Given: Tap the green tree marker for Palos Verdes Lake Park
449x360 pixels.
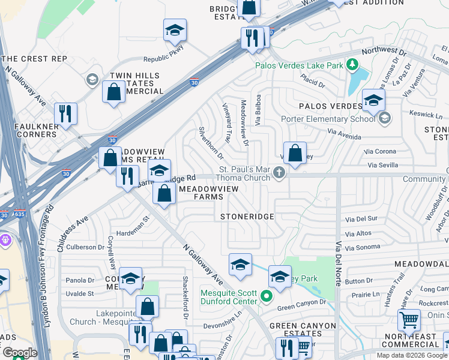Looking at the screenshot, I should [x=354, y=64].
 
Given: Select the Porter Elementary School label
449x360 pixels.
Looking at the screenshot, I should [x=328, y=118].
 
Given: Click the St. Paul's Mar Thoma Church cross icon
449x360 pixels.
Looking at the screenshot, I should [x=278, y=173].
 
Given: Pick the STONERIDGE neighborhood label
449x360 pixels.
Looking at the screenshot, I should [x=247, y=216].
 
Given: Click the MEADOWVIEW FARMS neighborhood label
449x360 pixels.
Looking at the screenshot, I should [x=208, y=193].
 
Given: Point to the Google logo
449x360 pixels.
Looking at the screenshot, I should [x=19, y=353].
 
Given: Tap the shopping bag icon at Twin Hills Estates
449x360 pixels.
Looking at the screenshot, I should [x=113, y=92].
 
